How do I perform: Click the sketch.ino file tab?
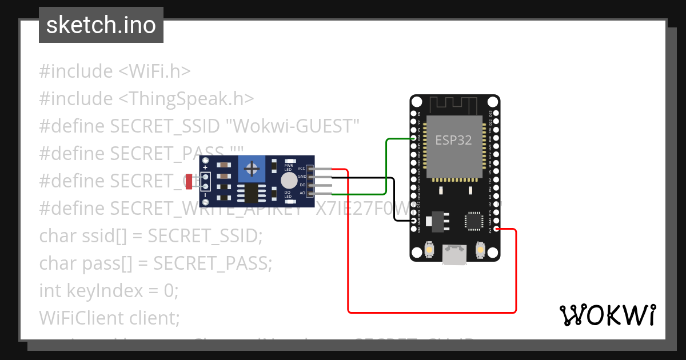[101, 25]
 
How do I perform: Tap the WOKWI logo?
[607, 315]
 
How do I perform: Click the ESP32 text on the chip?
[453, 140]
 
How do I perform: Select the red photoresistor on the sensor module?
[189, 181]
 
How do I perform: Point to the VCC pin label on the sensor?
[301, 169]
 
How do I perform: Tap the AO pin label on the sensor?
[302, 193]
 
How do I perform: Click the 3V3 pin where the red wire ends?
[496, 229]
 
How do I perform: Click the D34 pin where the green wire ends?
[414, 138]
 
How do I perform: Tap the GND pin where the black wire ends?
[414, 221]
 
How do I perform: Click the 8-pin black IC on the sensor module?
[249, 193]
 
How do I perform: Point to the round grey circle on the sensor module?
[289, 181]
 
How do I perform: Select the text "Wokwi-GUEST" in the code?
[296, 126]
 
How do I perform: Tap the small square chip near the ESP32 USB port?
[474, 221]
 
